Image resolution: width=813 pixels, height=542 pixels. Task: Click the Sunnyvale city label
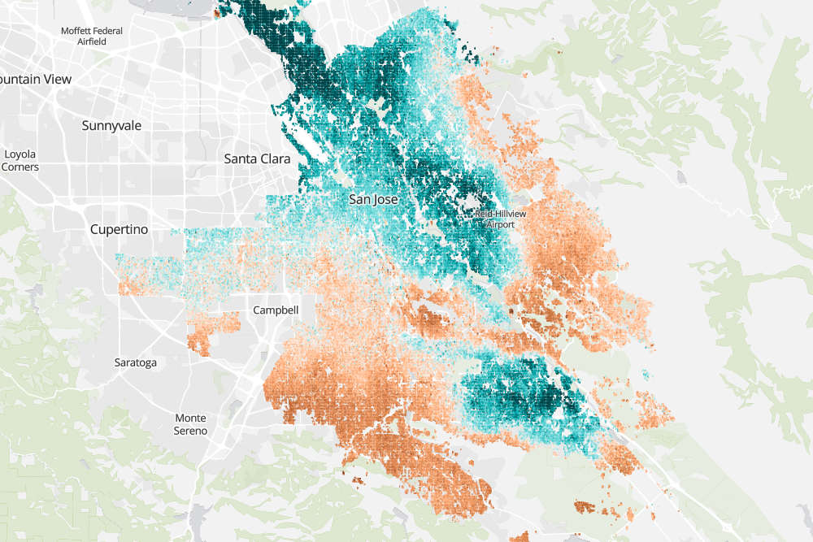pos(111,126)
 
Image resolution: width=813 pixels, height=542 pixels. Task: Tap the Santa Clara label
pos(257,159)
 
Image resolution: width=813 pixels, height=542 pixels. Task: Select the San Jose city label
pos(372,198)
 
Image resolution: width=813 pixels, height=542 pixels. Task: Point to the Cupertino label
pos(119,230)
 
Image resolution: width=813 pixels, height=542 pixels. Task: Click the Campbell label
pos(276,310)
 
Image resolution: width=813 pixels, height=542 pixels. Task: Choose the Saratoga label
pos(135,362)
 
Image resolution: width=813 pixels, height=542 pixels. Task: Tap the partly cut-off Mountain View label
pos(36,80)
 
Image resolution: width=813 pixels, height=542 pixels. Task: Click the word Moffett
pos(78,31)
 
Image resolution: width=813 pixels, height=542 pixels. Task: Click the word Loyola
pos(20,154)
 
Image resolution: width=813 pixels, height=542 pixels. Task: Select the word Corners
pos(20,167)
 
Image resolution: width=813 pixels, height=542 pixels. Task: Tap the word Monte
pos(190,418)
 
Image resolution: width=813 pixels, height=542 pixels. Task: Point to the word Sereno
pos(190,431)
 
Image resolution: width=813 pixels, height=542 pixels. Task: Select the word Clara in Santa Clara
pos(274,159)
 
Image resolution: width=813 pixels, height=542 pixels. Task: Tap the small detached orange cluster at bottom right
pos(585,508)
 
